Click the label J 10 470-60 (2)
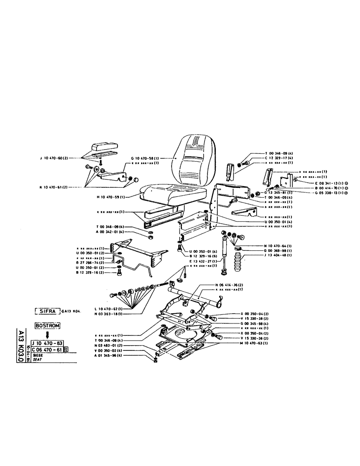pyautogui.click(x=54, y=158)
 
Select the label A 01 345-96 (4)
pyautogui.click(x=108, y=356)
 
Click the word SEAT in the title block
pyautogui.click(x=38, y=360)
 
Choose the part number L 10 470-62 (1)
pyautogui.click(x=108, y=308)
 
